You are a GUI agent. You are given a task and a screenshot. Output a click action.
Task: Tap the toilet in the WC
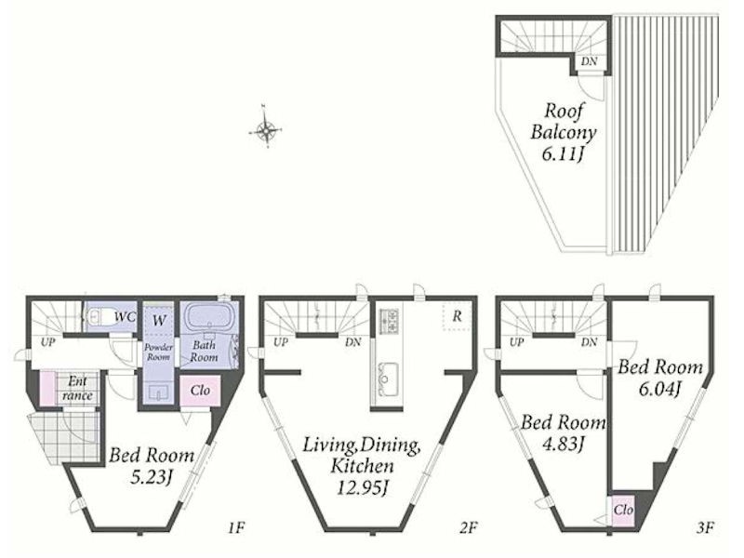click(100, 316)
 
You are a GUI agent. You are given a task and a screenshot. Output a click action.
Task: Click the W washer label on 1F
click(159, 320)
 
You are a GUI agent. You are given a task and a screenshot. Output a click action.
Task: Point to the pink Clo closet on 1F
click(200, 391)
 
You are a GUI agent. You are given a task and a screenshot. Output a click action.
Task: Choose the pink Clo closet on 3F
click(622, 510)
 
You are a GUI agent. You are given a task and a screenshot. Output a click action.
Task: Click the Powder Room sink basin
click(158, 392)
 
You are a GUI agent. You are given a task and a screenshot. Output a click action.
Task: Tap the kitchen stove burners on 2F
click(389, 320)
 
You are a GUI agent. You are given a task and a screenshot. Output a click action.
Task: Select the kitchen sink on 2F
click(385, 379)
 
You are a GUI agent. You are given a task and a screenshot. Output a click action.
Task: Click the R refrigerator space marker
click(457, 316)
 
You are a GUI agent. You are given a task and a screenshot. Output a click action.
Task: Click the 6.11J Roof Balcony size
click(563, 154)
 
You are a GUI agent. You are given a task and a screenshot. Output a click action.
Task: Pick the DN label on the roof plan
click(590, 61)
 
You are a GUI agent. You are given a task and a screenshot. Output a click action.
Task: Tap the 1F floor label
click(236, 527)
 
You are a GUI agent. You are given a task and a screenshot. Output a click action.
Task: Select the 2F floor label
click(469, 527)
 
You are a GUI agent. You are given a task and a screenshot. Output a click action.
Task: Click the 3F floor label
click(706, 527)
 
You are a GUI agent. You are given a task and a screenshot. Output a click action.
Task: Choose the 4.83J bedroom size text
click(563, 445)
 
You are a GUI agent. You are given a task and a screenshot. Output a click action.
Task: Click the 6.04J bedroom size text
click(660, 389)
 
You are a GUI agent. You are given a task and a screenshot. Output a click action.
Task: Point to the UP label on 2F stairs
click(281, 342)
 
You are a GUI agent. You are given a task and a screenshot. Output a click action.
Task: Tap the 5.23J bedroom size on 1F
click(151, 477)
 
